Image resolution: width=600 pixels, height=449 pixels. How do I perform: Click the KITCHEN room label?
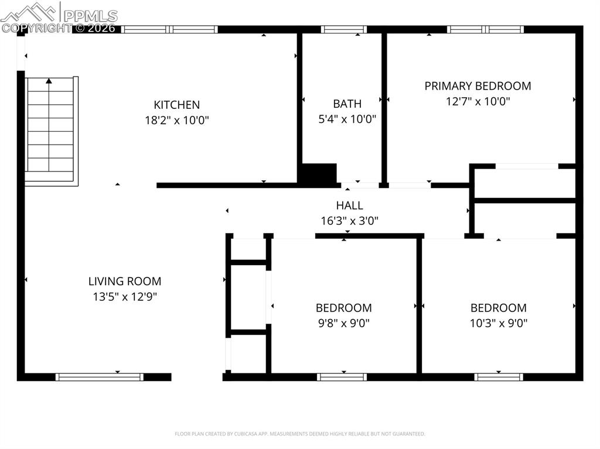[176, 105]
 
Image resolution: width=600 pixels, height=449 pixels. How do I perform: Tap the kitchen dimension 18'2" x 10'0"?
[176, 120]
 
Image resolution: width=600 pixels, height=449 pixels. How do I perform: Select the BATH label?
[347, 104]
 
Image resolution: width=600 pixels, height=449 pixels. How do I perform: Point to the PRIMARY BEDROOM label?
[478, 86]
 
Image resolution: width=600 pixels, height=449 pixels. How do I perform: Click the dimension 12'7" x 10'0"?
[478, 101]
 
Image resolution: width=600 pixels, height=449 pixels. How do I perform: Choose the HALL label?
[349, 205]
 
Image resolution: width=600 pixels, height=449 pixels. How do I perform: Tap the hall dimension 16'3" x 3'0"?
[349, 221]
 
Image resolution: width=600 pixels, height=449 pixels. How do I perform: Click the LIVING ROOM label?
[125, 282]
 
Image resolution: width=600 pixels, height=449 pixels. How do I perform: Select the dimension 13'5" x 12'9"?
[125, 297]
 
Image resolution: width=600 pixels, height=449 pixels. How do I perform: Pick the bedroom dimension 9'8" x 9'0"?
[343, 323]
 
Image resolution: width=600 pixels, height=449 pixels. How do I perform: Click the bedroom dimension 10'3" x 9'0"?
[499, 323]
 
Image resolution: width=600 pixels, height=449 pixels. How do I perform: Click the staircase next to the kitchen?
[51, 132]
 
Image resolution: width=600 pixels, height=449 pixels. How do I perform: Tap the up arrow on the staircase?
[49, 82]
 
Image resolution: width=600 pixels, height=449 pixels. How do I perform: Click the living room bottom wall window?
[100, 377]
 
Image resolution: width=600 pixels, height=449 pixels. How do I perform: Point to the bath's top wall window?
[344, 29]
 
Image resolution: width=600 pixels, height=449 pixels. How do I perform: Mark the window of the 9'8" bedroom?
[343, 377]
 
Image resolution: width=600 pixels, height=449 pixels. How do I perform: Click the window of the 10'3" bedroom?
[499, 377]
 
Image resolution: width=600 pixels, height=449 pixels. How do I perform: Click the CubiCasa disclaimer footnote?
[300, 434]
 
